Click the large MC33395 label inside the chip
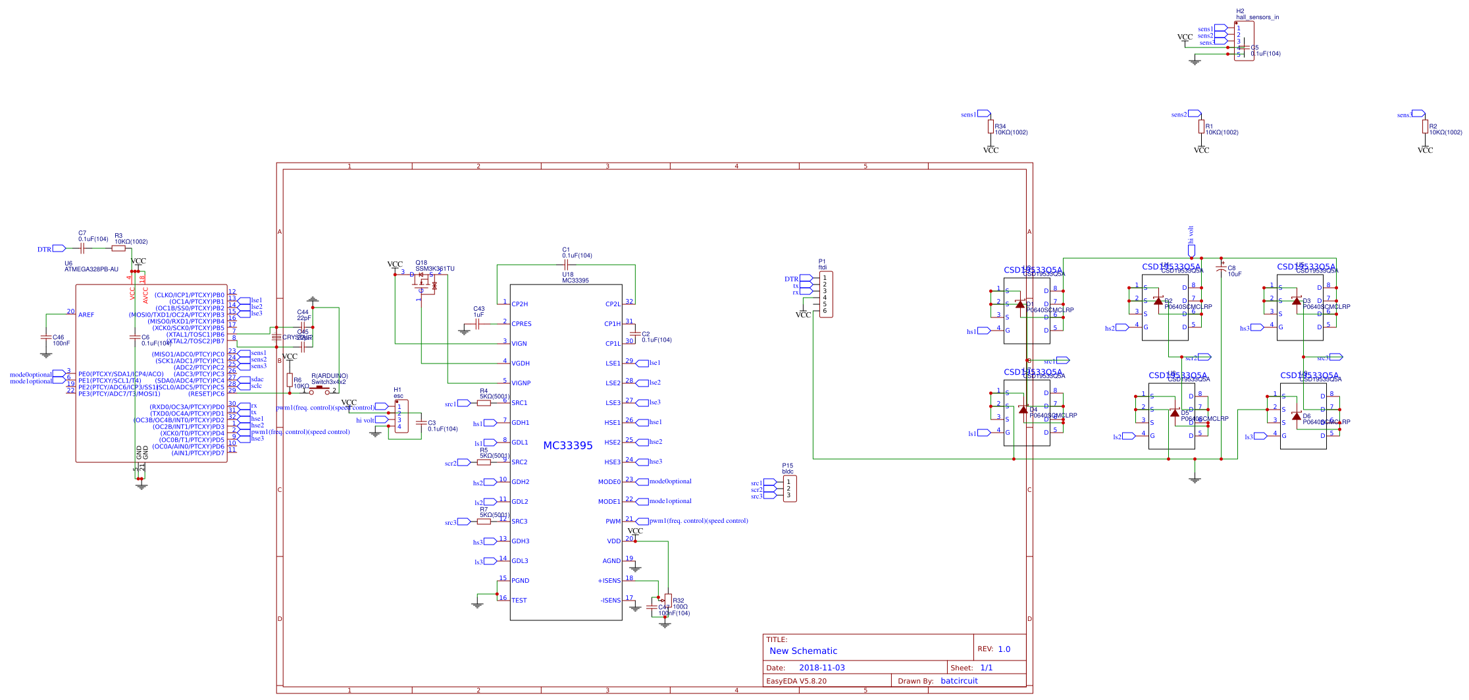tap(567, 446)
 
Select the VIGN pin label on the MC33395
tap(519, 344)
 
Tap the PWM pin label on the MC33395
tap(613, 522)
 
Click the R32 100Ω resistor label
tap(679, 604)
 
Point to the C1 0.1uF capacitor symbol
tap(566, 265)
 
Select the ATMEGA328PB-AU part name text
tap(91, 269)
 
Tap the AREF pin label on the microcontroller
tap(86, 315)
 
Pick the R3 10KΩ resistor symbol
tap(118, 248)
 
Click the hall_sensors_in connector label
tap(1257, 17)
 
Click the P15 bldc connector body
tap(789, 489)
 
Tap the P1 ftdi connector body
tap(825, 294)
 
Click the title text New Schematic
tap(803, 651)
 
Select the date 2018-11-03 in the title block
tap(821, 668)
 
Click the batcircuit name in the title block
tap(959, 681)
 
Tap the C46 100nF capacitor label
tap(61, 340)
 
